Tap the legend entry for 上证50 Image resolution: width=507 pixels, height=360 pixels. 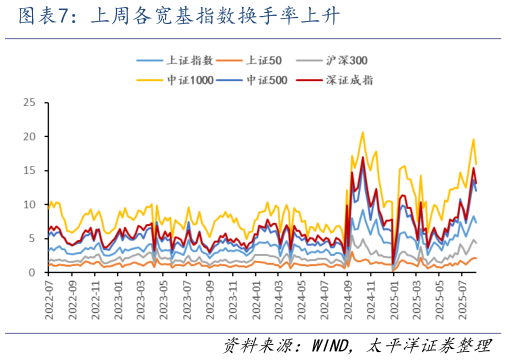click(x=263, y=61)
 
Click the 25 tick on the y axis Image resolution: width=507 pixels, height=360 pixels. click(x=29, y=103)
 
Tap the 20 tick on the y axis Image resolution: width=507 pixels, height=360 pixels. click(x=29, y=137)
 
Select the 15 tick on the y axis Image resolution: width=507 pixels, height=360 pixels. click(x=29, y=171)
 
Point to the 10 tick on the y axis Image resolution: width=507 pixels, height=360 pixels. click(x=29, y=205)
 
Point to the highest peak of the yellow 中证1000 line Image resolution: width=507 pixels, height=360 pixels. click(x=363, y=132)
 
